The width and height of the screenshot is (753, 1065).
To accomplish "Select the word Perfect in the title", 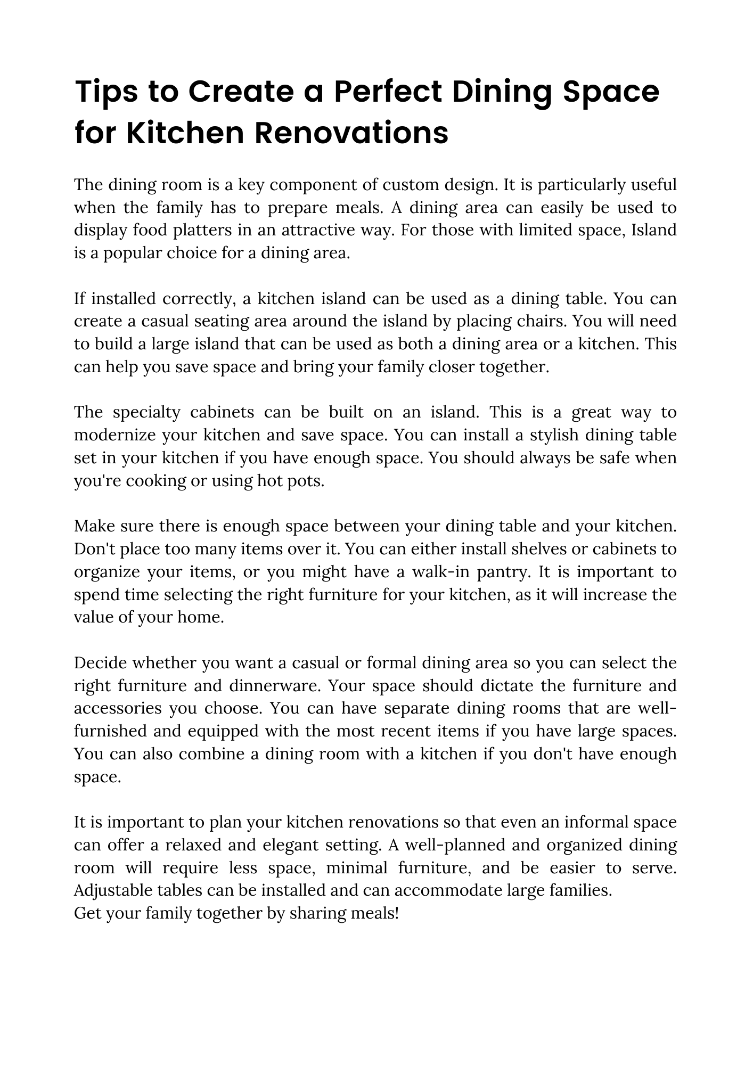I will point(388,92).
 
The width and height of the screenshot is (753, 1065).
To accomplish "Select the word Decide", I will point(100,663).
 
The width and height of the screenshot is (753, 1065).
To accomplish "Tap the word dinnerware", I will point(275,686).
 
